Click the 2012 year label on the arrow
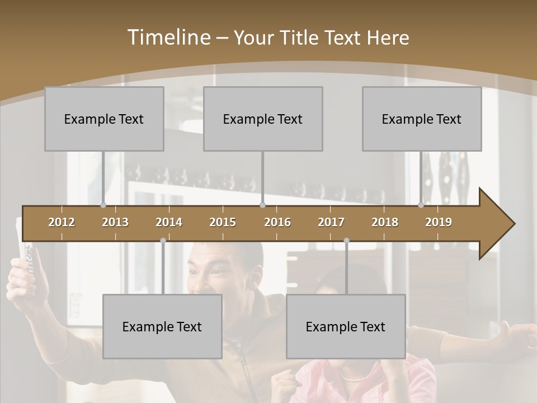tap(62, 222)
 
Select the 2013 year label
tap(115, 222)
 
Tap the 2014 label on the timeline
tap(169, 222)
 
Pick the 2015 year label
tap(223, 222)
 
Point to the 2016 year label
tap(277, 222)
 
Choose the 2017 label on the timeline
tap(331, 222)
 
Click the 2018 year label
tap(385, 222)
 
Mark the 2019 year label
tap(439, 222)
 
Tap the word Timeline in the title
tap(168, 38)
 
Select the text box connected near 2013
tap(104, 119)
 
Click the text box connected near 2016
tap(263, 119)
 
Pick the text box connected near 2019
tap(422, 119)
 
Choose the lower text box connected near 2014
tap(162, 326)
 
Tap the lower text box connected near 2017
tap(346, 326)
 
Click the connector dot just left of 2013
tap(103, 205)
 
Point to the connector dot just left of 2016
tap(262, 205)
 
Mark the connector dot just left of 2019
tap(421, 205)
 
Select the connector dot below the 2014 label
tap(163, 240)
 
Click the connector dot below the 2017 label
tap(346, 240)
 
